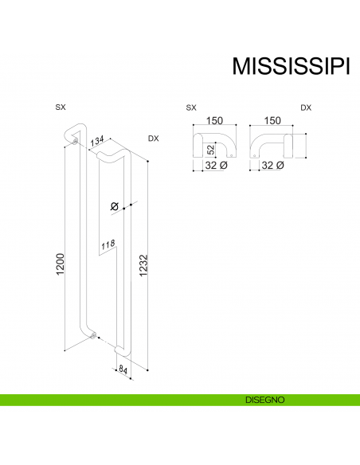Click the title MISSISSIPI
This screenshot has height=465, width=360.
click(x=290, y=66)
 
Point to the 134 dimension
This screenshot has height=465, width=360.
click(x=99, y=142)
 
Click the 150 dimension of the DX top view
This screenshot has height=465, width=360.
click(x=273, y=120)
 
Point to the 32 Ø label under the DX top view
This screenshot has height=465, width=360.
click(x=273, y=166)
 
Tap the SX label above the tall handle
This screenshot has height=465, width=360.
click(x=61, y=106)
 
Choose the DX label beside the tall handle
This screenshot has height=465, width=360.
click(x=153, y=139)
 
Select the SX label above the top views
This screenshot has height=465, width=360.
click(x=190, y=106)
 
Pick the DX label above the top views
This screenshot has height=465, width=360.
click(x=306, y=106)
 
